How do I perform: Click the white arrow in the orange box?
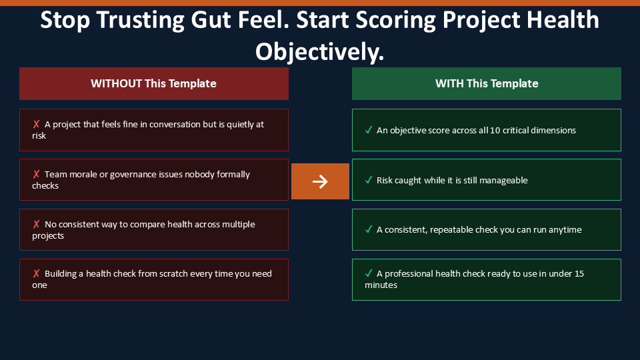pyautogui.click(x=320, y=181)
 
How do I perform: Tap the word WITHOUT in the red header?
pyautogui.click(x=116, y=83)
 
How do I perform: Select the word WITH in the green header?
pyautogui.click(x=449, y=83)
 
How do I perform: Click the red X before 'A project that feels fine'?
pyautogui.click(x=36, y=124)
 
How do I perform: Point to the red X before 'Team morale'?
pyautogui.click(x=36, y=174)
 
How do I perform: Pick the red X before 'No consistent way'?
pyautogui.click(x=36, y=224)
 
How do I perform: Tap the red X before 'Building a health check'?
pyautogui.click(x=36, y=273)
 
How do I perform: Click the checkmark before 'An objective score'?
pyautogui.click(x=369, y=130)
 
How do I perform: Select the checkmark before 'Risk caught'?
pyautogui.click(x=369, y=180)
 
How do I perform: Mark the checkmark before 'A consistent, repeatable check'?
pyautogui.click(x=369, y=229)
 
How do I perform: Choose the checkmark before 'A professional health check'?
pyautogui.click(x=369, y=273)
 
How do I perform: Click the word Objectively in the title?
pyautogui.click(x=319, y=53)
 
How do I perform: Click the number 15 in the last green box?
pyautogui.click(x=579, y=273)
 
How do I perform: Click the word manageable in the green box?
pyautogui.click(x=503, y=181)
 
